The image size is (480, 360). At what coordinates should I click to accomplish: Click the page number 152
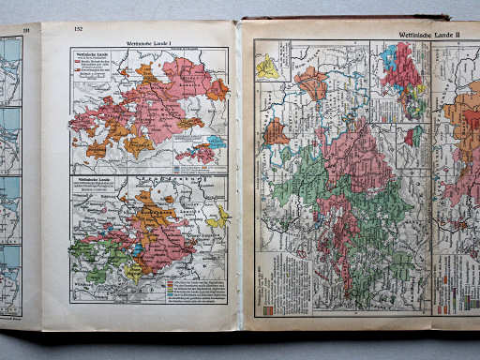pyautogui.click(x=79, y=30)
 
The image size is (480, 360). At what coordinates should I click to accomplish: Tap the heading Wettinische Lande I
pyautogui.click(x=150, y=43)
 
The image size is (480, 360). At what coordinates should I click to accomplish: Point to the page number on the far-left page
pyautogui.click(x=26, y=31)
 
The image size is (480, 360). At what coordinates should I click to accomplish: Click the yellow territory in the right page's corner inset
pyautogui.click(x=268, y=67)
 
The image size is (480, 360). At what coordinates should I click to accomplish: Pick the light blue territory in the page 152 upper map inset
pyautogui.click(x=215, y=142)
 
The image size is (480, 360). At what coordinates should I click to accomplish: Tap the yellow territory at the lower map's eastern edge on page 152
pyautogui.click(x=220, y=217)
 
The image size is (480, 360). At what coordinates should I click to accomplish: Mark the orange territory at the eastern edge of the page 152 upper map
pyautogui.click(x=217, y=90)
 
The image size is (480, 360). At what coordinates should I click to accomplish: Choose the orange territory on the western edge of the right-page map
pyautogui.click(x=276, y=132)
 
